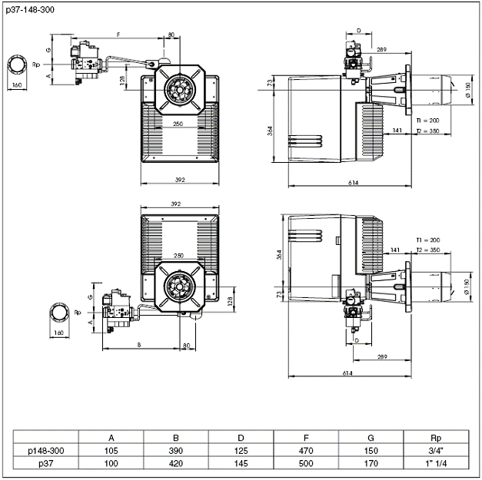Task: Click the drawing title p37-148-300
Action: coord(28,9)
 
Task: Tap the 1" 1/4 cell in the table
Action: coord(436,464)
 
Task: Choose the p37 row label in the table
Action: coord(46,464)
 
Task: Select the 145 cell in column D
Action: coord(242,464)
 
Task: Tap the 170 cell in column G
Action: coord(372,464)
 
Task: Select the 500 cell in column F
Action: coord(307,464)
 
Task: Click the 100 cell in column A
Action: coord(112,464)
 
